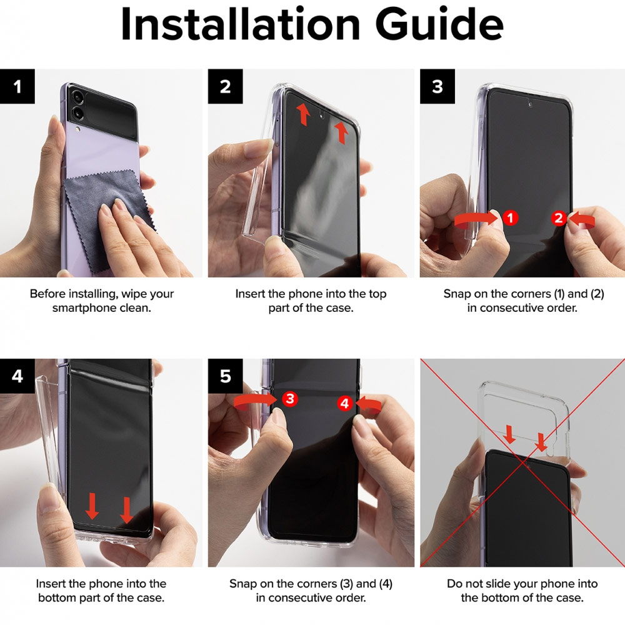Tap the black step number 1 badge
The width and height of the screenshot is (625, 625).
[17, 86]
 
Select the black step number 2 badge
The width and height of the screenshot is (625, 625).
[225, 86]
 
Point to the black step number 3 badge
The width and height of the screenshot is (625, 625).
[437, 86]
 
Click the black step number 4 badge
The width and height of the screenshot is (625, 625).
[17, 376]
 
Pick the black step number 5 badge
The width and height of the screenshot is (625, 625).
[225, 376]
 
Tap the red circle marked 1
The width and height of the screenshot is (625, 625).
[510, 217]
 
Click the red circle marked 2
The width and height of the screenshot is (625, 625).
[559, 218]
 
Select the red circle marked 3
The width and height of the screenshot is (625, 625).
[290, 399]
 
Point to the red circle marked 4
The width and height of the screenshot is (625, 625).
[345, 403]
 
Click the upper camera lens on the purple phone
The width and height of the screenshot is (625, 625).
[77, 97]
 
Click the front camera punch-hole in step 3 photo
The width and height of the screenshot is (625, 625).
[530, 105]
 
